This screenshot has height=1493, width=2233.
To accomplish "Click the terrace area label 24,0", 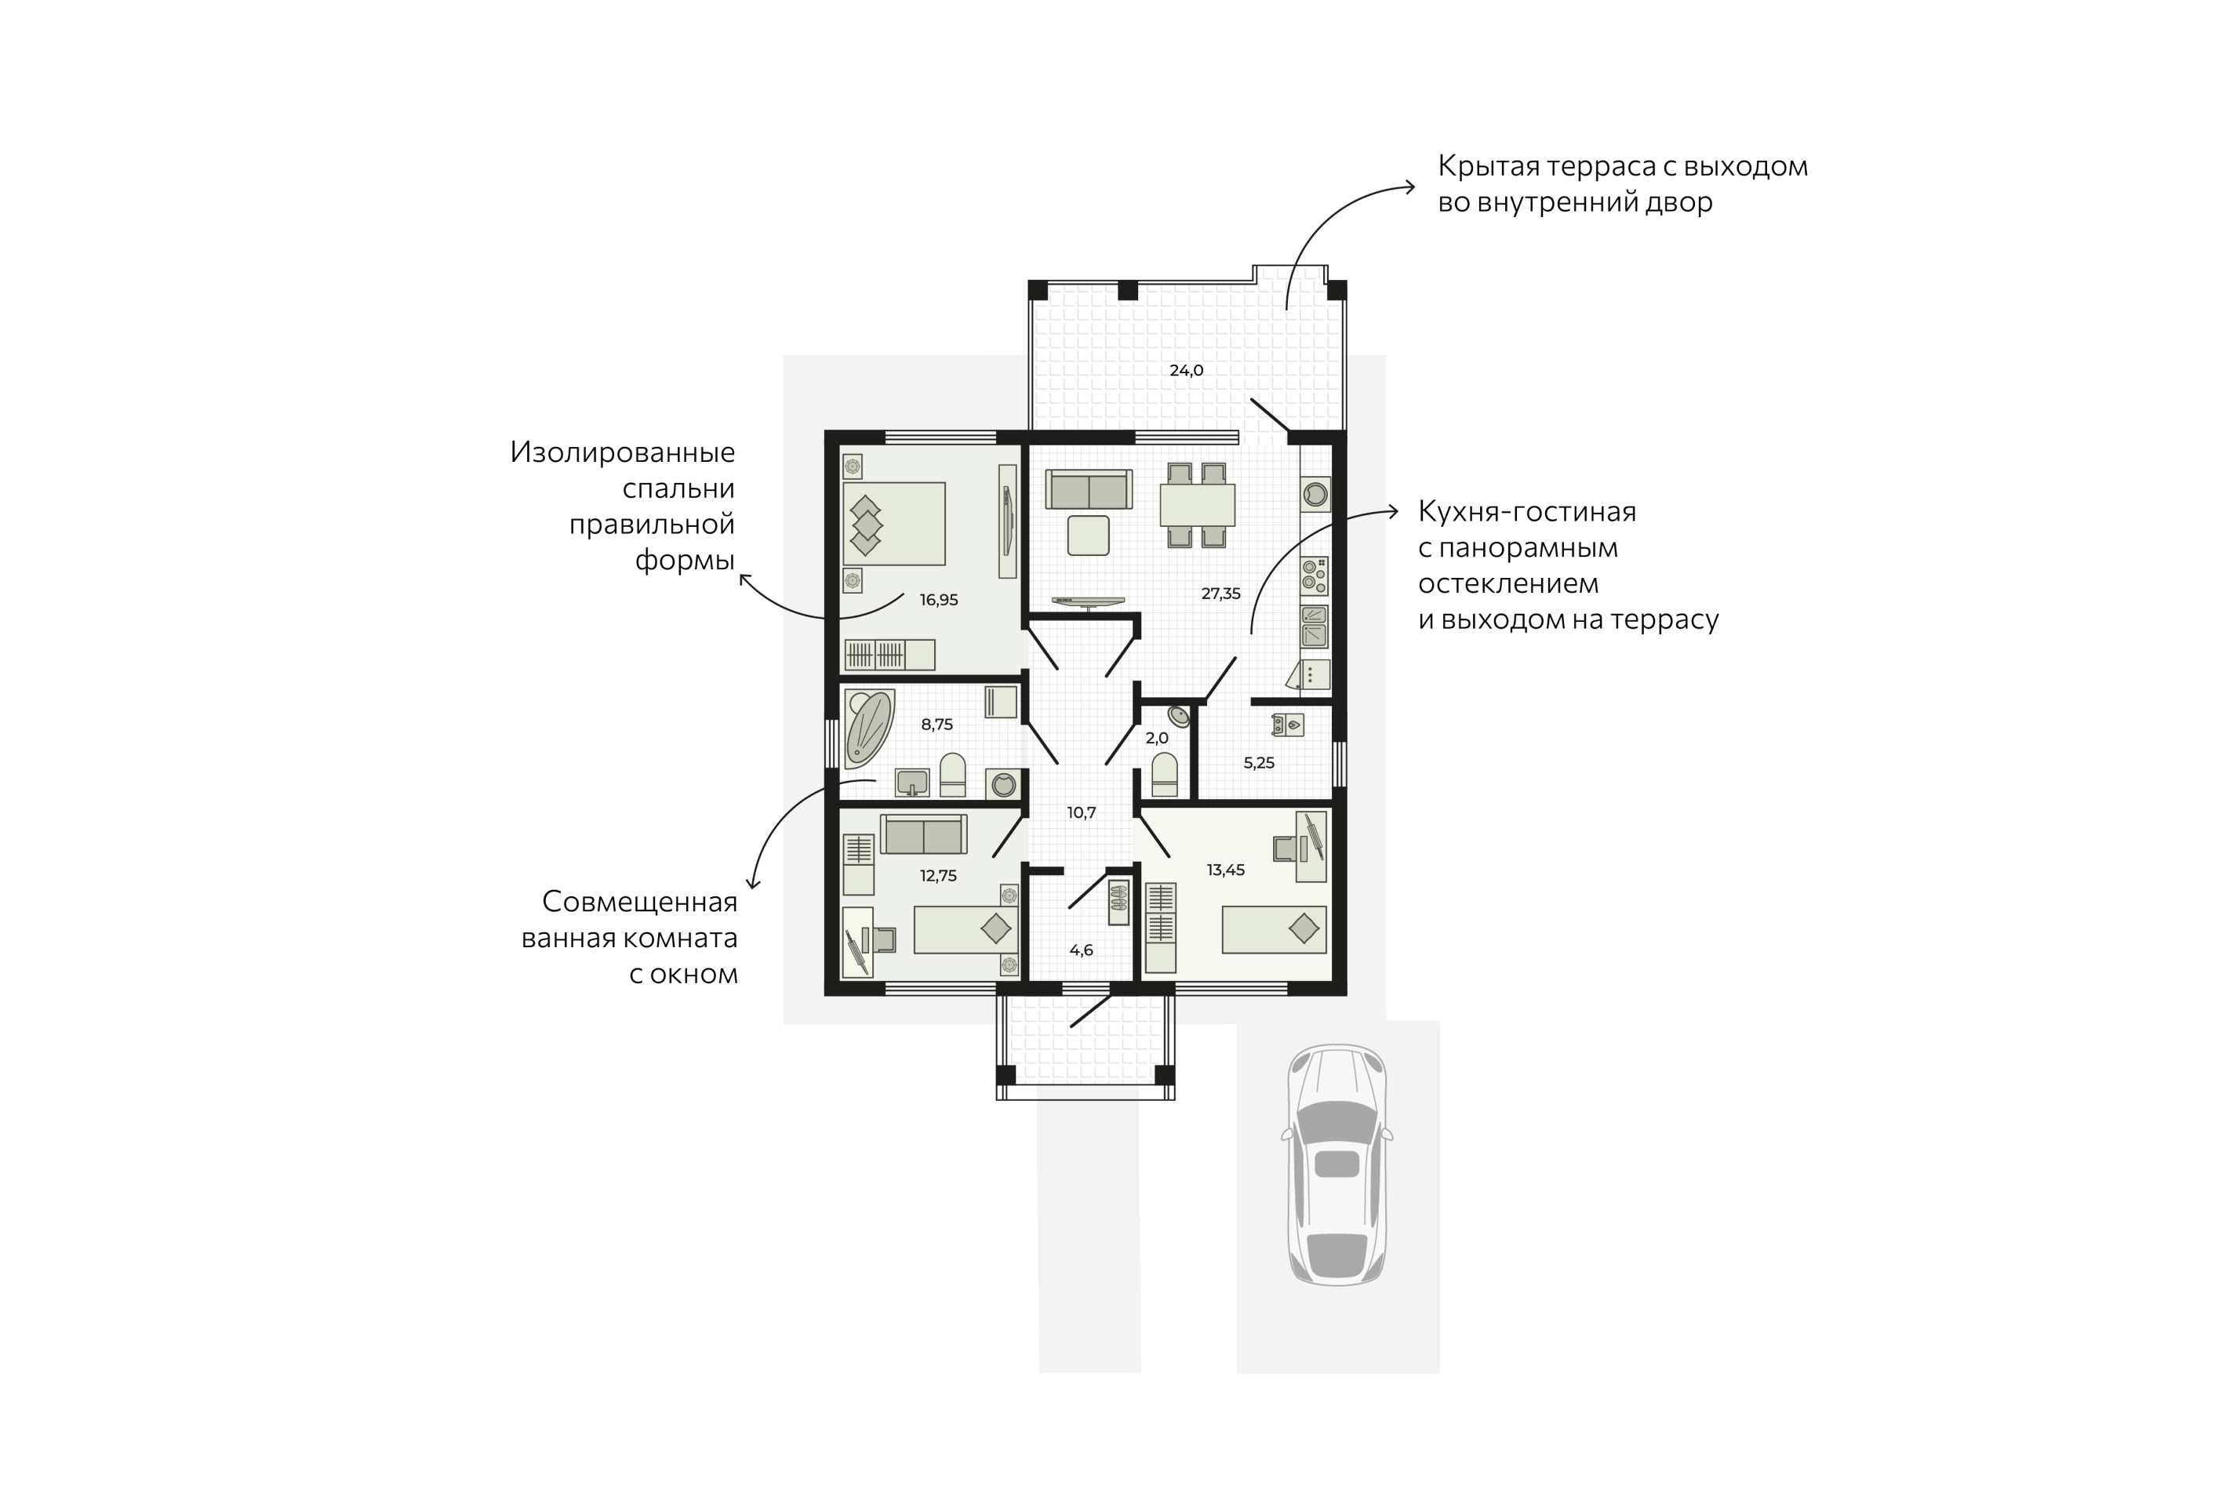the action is [x=1187, y=370].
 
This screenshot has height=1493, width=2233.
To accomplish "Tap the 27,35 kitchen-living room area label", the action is [x=1220, y=593].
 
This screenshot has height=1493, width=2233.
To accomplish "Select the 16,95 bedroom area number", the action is [x=939, y=600].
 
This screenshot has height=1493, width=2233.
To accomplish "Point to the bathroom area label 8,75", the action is [x=937, y=724].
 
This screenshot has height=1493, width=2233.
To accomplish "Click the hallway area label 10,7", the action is [x=1082, y=812].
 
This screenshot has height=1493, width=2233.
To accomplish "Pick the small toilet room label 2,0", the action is [x=1157, y=738].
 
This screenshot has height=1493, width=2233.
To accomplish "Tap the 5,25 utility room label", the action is [x=1259, y=763].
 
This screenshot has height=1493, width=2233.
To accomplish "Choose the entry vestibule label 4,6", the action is [x=1082, y=950].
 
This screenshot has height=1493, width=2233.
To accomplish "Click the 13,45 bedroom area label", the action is [x=1226, y=870].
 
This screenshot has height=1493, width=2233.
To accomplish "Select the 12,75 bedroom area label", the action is [x=938, y=876].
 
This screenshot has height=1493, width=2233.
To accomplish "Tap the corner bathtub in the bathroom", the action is [x=868, y=728].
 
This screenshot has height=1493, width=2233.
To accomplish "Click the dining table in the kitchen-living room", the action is [x=1197, y=505].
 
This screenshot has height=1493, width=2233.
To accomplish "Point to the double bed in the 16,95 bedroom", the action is [x=894, y=524].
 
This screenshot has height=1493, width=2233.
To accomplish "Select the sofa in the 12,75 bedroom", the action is [x=924, y=834].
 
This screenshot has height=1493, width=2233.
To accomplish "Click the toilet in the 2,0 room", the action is [x=1165, y=774].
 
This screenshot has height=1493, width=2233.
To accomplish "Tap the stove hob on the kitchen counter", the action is [x=1314, y=577].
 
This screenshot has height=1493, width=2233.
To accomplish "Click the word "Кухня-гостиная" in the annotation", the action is [x=1526, y=512].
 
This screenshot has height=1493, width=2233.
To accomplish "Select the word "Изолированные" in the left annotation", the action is [x=623, y=452].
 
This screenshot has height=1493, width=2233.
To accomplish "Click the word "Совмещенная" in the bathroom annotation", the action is [x=640, y=902].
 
